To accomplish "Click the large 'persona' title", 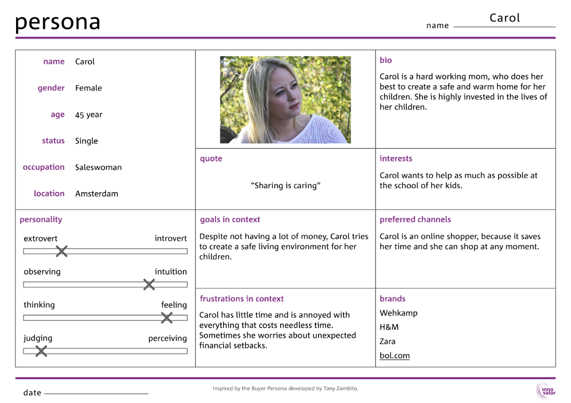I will [x=58, y=22].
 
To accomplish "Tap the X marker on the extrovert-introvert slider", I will [x=62, y=251].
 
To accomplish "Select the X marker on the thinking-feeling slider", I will [x=166, y=318].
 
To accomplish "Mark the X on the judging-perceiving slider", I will [x=41, y=351].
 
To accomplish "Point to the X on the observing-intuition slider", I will [x=149, y=284].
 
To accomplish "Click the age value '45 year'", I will [x=89, y=115].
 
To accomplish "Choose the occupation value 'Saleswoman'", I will [x=98, y=168].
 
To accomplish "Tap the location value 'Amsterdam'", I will [x=96, y=194].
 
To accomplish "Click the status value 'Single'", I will [x=86, y=141].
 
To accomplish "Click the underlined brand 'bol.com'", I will [x=394, y=356].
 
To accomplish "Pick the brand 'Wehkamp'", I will [x=398, y=313].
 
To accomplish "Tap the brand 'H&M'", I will [x=389, y=327].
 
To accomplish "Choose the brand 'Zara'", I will [x=387, y=341].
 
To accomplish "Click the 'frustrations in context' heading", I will [x=242, y=299].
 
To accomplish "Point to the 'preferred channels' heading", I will [x=415, y=219].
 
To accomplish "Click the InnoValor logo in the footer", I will [x=545, y=391].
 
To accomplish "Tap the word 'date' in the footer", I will [x=32, y=393].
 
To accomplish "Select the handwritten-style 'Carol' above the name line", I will [x=505, y=18].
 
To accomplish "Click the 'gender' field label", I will [x=51, y=88].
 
